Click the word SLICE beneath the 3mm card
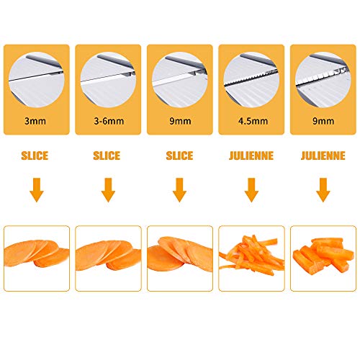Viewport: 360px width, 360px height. click(37, 156)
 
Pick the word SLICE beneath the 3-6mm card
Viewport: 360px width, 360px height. click(108, 156)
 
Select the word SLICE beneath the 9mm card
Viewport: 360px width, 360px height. click(179, 156)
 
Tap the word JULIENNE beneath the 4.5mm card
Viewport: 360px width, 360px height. click(251, 156)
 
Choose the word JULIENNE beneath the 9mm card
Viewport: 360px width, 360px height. click(323, 156)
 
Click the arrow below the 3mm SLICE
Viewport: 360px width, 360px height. click(37, 191)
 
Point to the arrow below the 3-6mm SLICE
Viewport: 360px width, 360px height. click(108, 191)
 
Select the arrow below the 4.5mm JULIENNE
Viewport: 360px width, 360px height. click(251, 191)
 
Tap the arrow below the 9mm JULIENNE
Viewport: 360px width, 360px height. click(323, 191)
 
